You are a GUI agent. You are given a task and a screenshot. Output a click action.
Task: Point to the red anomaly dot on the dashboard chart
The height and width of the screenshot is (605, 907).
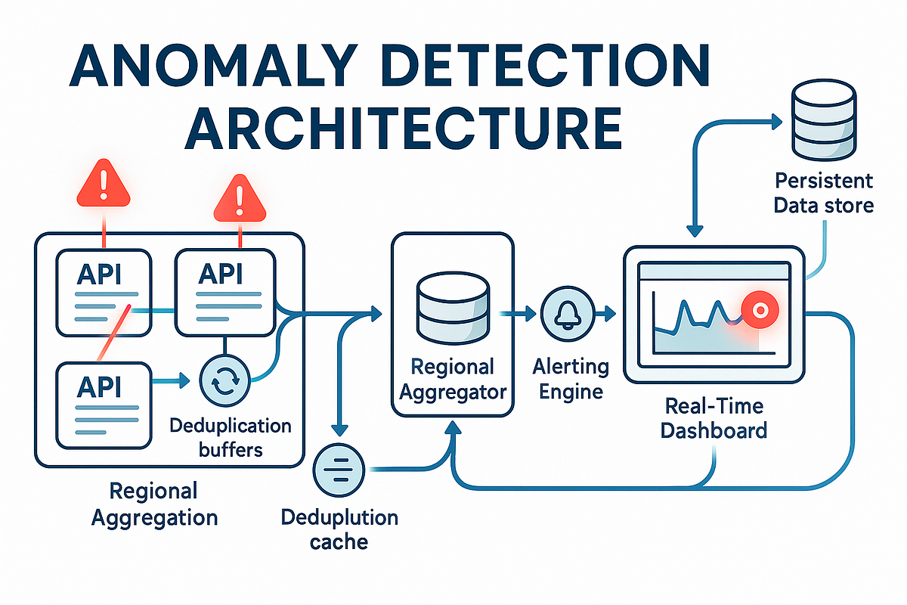pyautogui.click(x=757, y=310)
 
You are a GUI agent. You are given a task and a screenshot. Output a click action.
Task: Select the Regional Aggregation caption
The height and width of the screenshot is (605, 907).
pyautogui.click(x=153, y=504)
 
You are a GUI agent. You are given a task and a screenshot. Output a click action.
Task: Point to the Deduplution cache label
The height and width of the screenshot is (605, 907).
pyautogui.click(x=339, y=530)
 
